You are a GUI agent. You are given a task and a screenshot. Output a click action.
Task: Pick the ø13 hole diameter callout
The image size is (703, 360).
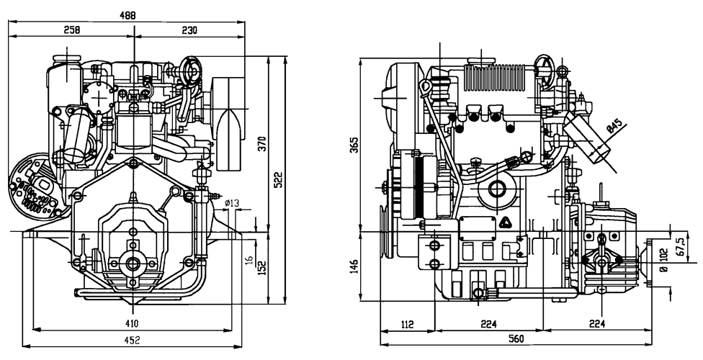232,203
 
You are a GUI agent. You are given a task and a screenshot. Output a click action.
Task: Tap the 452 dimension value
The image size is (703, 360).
132,340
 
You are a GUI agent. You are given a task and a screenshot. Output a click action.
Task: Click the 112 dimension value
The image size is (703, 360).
407,324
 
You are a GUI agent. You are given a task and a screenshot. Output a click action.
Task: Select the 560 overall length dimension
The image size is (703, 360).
513,339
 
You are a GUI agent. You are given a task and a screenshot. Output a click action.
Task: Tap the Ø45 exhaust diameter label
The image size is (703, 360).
614,126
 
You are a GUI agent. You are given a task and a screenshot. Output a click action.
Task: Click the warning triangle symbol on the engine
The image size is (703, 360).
506,222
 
